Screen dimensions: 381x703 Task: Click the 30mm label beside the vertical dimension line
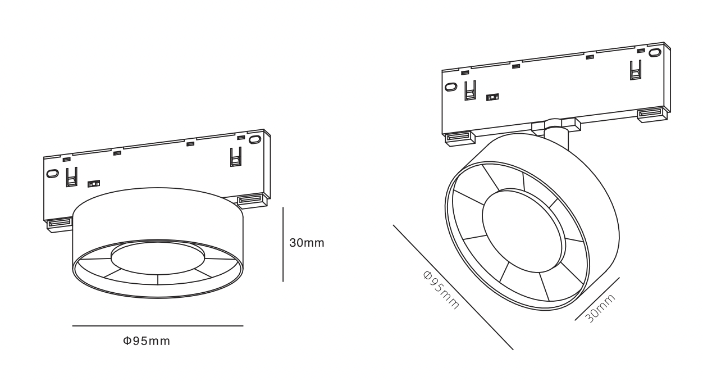(307, 243)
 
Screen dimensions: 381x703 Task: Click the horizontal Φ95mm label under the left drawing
(147, 341)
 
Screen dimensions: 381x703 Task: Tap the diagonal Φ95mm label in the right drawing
(441, 290)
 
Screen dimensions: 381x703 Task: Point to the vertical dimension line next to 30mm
(283, 244)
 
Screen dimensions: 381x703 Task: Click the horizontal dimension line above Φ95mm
(158, 326)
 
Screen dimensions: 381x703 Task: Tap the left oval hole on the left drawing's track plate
(52, 174)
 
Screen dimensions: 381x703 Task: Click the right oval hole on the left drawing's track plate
(254, 139)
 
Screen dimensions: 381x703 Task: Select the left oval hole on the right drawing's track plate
(450, 87)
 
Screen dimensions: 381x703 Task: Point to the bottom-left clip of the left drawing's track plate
(58, 224)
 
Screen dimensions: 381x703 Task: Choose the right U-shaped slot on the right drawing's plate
(635, 70)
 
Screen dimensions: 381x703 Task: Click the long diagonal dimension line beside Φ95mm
(453, 287)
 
